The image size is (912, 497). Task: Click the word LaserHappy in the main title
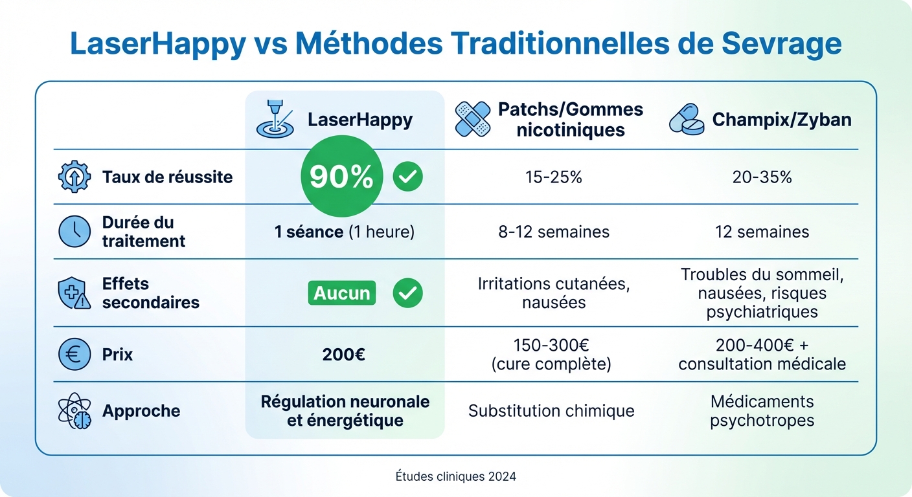[x=157, y=45]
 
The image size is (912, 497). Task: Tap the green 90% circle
[x=341, y=177]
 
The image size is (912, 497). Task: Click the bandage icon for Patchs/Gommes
[x=473, y=118]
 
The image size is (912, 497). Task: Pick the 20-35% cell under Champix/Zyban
[x=762, y=177]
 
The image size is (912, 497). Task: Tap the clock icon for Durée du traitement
[x=74, y=232]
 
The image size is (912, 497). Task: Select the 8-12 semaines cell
[x=553, y=232]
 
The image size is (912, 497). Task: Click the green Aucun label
[x=341, y=293]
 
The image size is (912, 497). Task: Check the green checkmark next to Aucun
[x=407, y=293]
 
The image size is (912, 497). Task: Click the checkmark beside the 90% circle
[x=407, y=177]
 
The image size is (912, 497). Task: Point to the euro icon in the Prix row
[x=74, y=355]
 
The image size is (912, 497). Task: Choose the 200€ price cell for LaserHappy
[x=344, y=355]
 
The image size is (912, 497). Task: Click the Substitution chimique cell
[x=551, y=411]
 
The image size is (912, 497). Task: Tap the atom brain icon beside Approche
[x=74, y=411]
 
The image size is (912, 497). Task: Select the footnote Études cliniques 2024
[x=456, y=476]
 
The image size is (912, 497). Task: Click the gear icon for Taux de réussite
[x=74, y=177]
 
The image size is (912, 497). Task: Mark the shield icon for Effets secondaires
[x=74, y=293]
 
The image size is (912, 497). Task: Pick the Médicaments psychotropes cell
[x=762, y=411]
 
